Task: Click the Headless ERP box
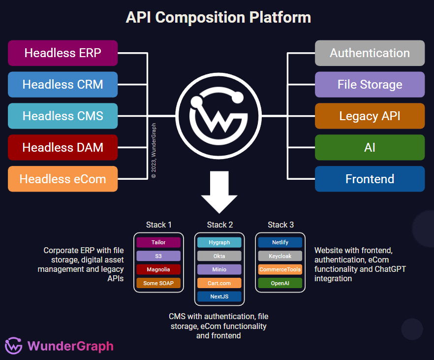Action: pos(62,53)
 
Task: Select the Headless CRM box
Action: pos(62,84)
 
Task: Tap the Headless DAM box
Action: pos(62,147)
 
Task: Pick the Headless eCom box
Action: pos(62,179)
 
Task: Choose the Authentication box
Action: pos(370,53)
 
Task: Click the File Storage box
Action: pos(370,84)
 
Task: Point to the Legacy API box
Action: pos(370,116)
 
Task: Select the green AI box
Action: pos(370,147)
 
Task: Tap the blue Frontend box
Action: pos(370,179)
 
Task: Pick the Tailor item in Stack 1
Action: pos(158,242)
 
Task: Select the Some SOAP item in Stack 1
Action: pos(158,283)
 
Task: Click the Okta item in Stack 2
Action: pos(219,256)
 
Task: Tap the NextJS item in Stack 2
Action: pos(219,296)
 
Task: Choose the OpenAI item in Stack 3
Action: pos(280,283)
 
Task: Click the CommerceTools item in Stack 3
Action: pos(280,269)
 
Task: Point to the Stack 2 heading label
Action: pos(219,225)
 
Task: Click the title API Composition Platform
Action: pos(218,17)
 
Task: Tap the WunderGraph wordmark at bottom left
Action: pos(70,346)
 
